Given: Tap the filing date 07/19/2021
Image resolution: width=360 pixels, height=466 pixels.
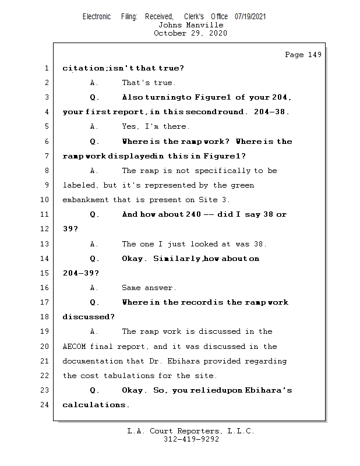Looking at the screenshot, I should (x=250, y=16).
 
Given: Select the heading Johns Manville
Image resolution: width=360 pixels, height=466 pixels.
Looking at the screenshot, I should (x=190, y=25).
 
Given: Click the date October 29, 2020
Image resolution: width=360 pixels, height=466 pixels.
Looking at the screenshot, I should (x=190, y=33).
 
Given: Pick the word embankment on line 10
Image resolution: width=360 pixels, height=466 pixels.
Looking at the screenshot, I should (x=86, y=200).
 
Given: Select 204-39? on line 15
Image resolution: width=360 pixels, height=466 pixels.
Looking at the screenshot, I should (x=80, y=273).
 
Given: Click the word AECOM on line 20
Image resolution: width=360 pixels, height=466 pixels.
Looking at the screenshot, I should (x=75, y=346).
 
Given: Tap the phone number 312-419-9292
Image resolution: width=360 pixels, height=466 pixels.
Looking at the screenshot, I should (x=190, y=439).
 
